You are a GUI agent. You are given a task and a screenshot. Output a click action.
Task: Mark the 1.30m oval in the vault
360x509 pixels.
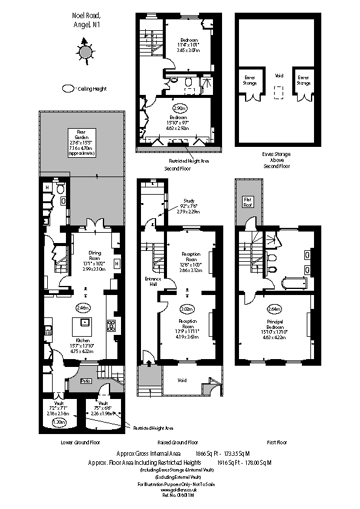[x=59, y=422]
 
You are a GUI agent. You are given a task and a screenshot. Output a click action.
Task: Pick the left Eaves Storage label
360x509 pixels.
[x=249, y=79]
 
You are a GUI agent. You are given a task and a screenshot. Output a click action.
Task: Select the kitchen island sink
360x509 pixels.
[x=83, y=322]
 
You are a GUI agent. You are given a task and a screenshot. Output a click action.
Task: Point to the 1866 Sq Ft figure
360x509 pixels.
[x=205, y=452]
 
